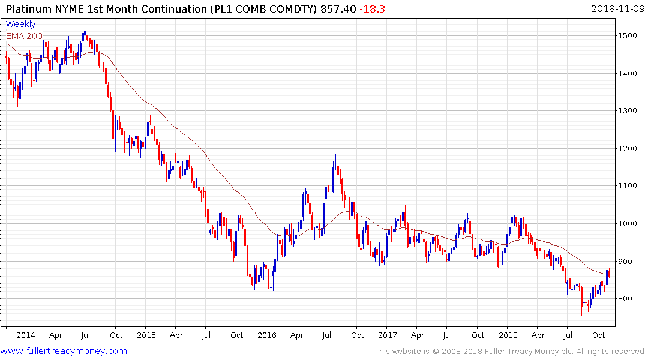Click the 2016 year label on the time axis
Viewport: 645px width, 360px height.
[268, 335]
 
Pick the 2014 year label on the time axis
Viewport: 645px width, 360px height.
[25, 335]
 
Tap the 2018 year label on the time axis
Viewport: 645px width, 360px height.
[509, 335]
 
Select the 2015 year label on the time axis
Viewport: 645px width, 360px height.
[146, 335]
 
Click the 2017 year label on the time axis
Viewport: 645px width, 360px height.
[388, 335]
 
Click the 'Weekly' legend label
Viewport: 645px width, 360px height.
[20, 24]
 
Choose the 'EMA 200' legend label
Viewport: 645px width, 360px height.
[24, 35]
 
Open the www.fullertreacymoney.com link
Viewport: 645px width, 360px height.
[64, 351]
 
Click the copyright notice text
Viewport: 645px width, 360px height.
[509, 351]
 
